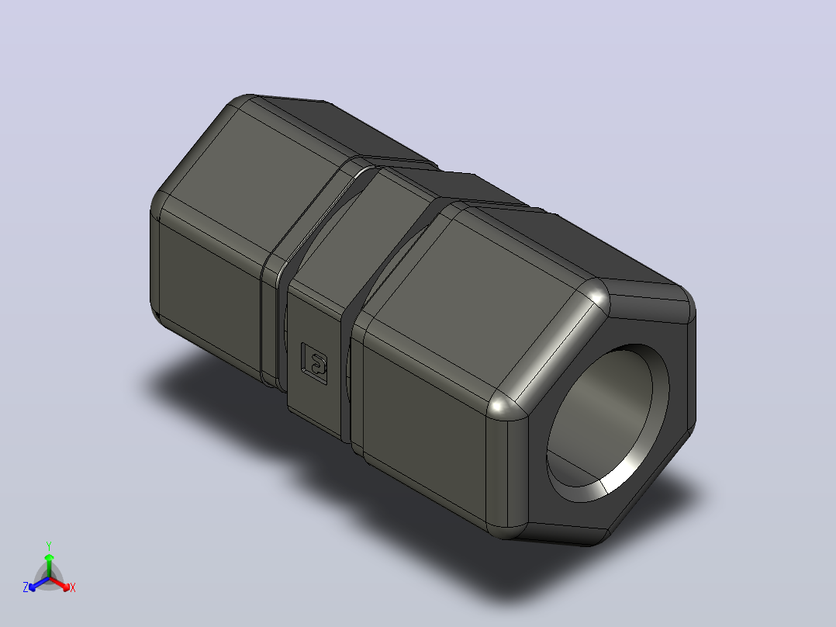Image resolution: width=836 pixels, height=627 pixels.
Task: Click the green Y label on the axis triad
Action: pos(49,546)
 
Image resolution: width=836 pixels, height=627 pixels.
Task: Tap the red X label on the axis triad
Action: pos(73,587)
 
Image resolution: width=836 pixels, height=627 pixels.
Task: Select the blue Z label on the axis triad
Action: pos(25,587)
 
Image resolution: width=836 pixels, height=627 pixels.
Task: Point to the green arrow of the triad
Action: pos(49,565)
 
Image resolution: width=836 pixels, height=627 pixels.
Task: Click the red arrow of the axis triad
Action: pos(60,584)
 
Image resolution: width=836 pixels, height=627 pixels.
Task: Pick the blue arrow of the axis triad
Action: pos(39,584)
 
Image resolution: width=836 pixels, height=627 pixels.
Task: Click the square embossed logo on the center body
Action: pos(314,363)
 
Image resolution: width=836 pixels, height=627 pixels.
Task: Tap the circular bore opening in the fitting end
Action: pos(607,423)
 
